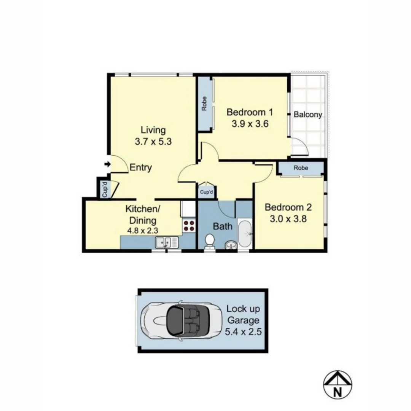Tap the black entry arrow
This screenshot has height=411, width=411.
pyautogui.click(x=107, y=164)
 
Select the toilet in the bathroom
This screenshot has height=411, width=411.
pyautogui.click(x=210, y=241)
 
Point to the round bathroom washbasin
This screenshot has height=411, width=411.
pyautogui.click(x=230, y=244)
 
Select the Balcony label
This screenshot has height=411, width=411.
pyautogui.click(x=308, y=115)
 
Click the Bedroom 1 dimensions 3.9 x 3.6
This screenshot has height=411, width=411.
pyautogui.click(x=250, y=124)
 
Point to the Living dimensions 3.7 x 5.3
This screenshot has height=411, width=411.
pyautogui.click(x=153, y=142)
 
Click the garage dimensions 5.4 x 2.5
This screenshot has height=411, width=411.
pyautogui.click(x=243, y=331)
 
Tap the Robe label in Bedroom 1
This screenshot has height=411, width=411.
pyautogui.click(x=204, y=104)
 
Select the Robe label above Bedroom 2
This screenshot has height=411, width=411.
pyautogui.click(x=301, y=168)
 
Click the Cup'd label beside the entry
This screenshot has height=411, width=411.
pyautogui.click(x=103, y=189)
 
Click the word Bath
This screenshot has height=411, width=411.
pyautogui.click(x=223, y=226)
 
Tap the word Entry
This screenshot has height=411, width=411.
pyautogui.click(x=141, y=167)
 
